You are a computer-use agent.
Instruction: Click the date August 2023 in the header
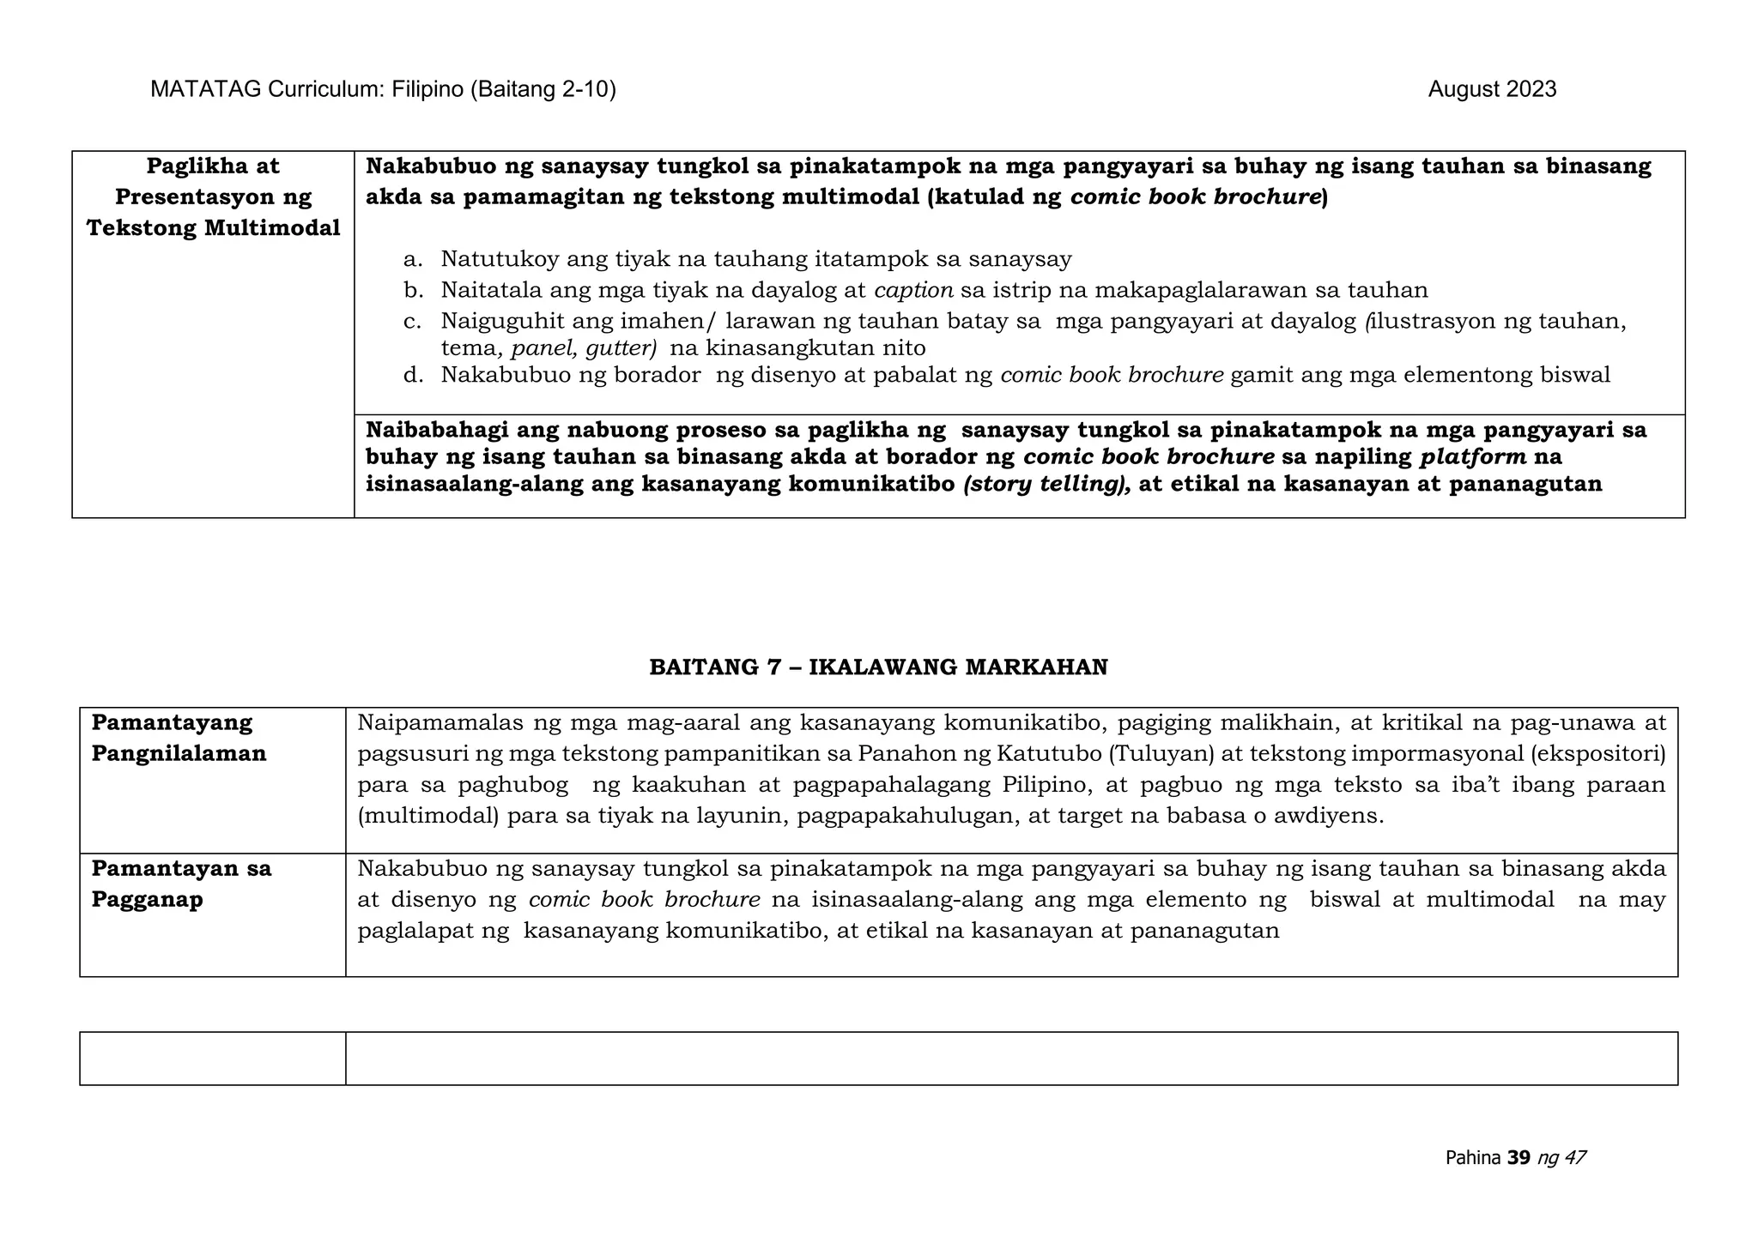click(1491, 89)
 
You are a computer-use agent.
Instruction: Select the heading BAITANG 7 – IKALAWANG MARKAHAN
click(878, 667)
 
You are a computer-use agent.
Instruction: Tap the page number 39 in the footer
click(1519, 1158)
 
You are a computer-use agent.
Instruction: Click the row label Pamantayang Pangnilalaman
click(179, 738)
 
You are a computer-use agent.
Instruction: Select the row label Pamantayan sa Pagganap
click(181, 884)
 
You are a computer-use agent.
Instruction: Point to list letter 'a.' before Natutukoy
click(413, 259)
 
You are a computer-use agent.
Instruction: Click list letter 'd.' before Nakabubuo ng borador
click(413, 375)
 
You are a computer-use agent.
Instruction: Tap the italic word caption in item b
click(913, 290)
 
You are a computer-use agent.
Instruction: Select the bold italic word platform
click(1473, 456)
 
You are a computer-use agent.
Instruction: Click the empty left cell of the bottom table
click(212, 1059)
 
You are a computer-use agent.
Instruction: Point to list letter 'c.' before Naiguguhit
click(413, 321)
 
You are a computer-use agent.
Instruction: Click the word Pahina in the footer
click(1473, 1158)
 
